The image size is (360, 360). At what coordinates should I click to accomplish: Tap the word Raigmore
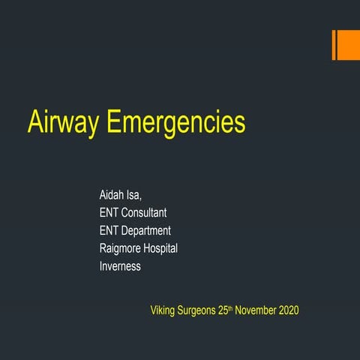pyautogui.click(x=124, y=248)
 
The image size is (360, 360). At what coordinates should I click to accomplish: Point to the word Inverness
pyautogui.click(x=120, y=266)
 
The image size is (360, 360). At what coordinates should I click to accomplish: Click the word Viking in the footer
pyautogui.click(x=164, y=310)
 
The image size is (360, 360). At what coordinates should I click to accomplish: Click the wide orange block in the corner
pyautogui.click(x=348, y=45)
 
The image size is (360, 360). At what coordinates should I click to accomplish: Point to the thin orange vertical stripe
pyautogui.click(x=334, y=45)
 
